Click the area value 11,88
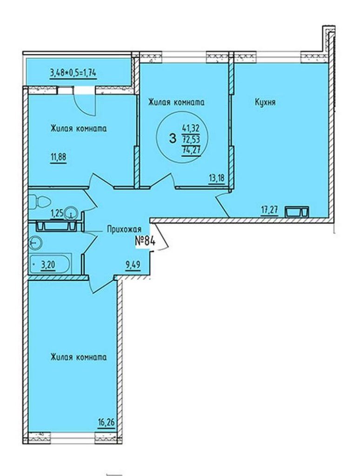point(58,158)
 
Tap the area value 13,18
point(217,178)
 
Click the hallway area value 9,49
point(133,265)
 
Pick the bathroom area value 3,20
point(48,264)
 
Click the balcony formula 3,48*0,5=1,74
point(73,73)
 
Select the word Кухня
point(265,103)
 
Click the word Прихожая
point(124,229)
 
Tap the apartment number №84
point(145,241)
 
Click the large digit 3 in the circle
point(173,139)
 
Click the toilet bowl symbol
point(40,202)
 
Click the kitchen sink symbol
point(297,212)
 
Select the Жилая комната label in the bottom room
point(79,357)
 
